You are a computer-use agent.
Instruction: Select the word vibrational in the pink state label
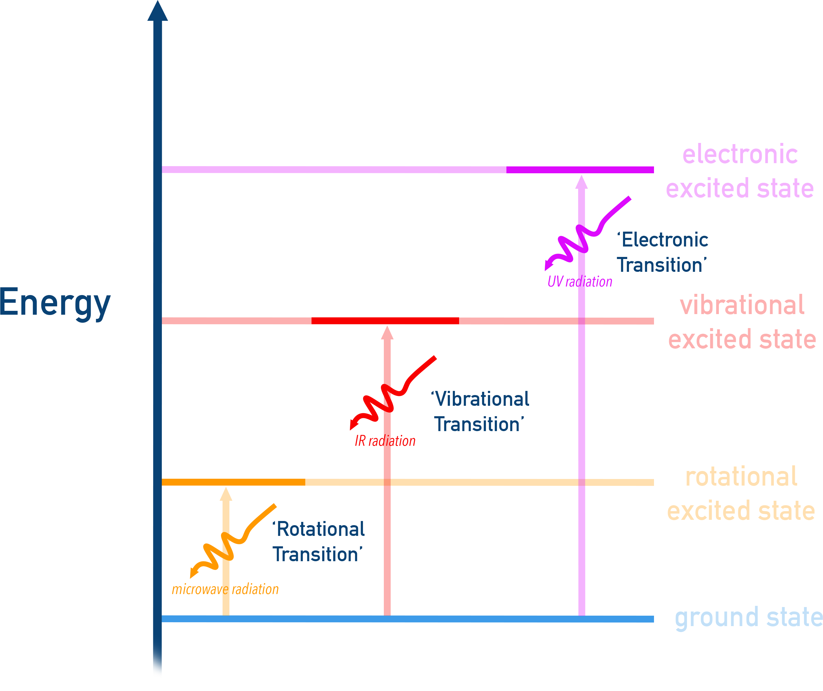coord(742,305)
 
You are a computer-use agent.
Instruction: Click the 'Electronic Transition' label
coord(662,252)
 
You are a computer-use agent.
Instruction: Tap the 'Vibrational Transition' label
coord(480,412)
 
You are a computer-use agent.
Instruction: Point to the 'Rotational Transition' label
coord(318,542)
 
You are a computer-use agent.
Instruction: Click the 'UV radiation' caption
coord(580,282)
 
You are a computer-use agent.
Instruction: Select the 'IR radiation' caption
coord(385,441)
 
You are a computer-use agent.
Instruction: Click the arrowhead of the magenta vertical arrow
coord(582,183)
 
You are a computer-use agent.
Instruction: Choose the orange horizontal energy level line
coord(306,482)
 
